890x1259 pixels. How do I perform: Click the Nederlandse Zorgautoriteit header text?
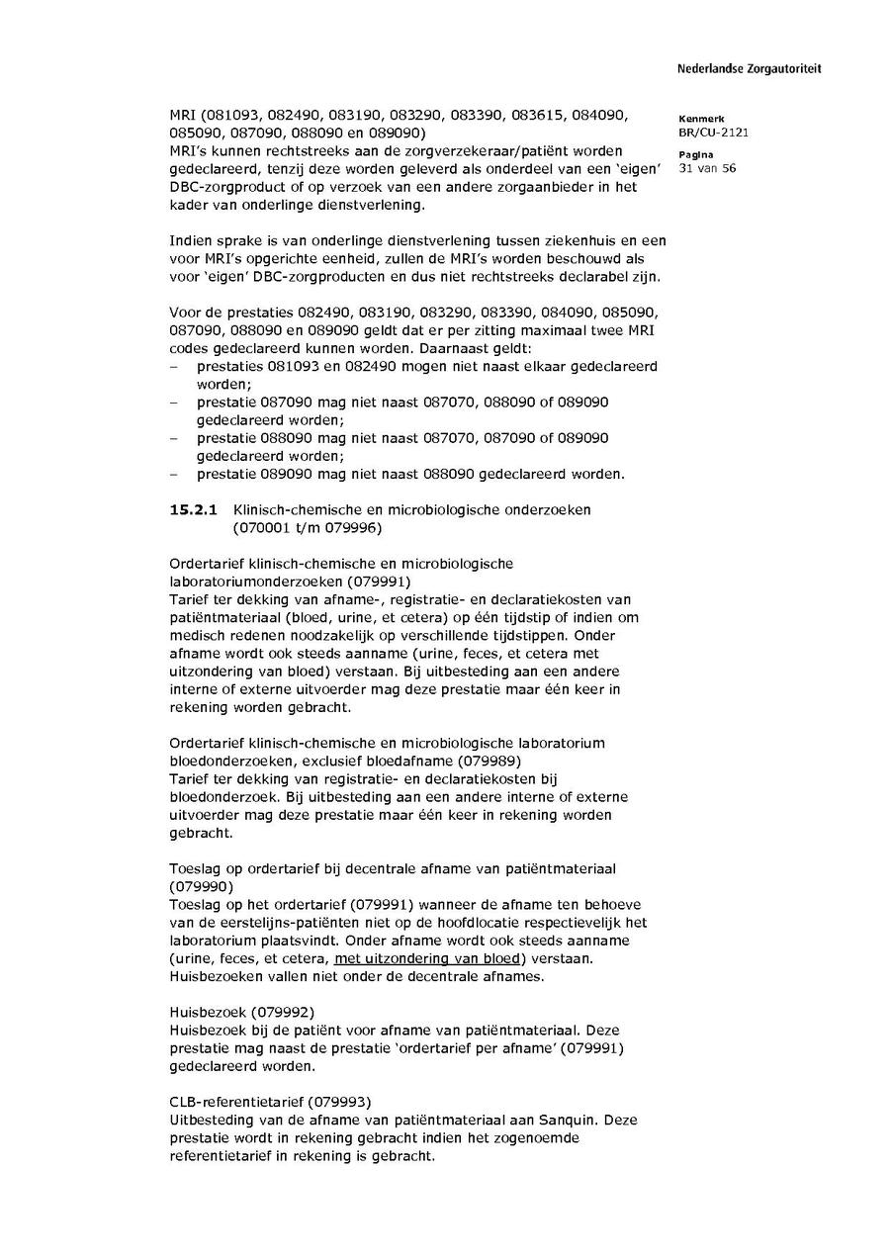[749, 69]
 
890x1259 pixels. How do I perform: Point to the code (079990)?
[202, 887]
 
